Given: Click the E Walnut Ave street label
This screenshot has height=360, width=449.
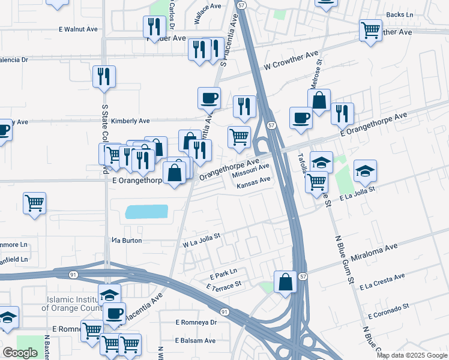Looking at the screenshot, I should [x=78, y=28].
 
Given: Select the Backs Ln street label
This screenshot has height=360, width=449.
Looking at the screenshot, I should [x=400, y=14].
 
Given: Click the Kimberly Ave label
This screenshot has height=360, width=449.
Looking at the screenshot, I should [x=130, y=121].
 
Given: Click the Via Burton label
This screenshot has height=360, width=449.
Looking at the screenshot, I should [x=127, y=240].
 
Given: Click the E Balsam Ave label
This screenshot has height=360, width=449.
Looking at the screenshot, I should [x=195, y=340].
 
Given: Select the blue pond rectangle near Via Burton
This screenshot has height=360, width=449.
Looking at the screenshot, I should [x=146, y=212].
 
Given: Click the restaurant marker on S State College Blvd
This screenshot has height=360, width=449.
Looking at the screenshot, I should [x=104, y=76].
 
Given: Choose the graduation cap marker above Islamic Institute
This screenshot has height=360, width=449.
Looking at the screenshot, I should [x=109, y=294].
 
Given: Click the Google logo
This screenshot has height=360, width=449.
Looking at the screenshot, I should [x=20, y=353].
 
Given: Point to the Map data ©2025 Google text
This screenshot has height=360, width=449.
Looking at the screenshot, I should [x=412, y=355].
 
